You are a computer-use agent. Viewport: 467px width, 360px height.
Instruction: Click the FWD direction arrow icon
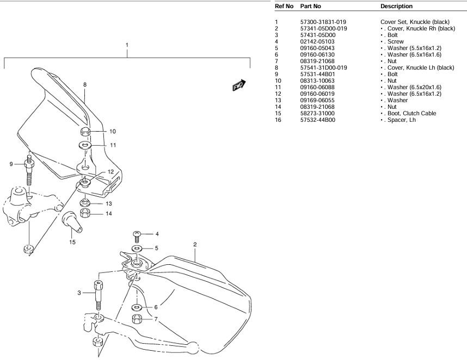239,85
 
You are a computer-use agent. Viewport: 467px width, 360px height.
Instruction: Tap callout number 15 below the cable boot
72,242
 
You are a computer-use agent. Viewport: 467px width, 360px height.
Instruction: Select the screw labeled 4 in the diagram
137,235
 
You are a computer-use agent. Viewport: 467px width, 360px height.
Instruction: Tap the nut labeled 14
84,213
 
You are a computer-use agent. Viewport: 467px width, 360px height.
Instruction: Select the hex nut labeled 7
137,319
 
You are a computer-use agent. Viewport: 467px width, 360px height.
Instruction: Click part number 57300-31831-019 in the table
324,22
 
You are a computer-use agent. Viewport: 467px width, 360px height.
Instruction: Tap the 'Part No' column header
311,6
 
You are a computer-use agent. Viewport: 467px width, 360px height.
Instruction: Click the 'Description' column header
397,6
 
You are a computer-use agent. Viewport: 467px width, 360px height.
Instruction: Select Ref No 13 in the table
278,100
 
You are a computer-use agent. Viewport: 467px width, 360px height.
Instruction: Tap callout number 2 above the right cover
195,244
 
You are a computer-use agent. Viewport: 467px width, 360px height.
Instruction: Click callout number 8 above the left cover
85,84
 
